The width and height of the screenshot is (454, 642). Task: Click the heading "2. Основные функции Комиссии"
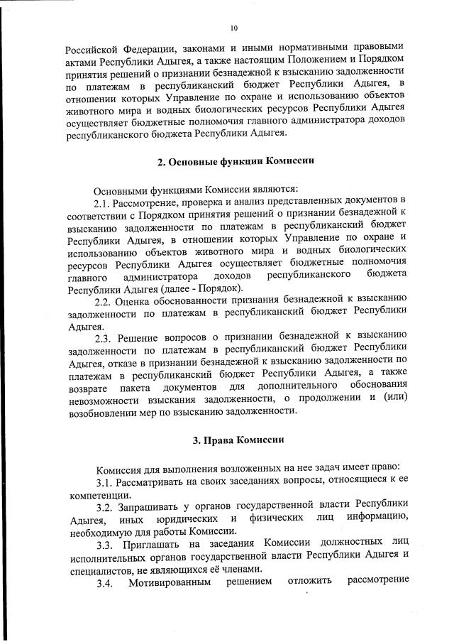click(236, 161)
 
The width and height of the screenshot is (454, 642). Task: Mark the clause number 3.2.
click(105, 507)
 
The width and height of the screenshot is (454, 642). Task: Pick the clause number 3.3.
click(105, 544)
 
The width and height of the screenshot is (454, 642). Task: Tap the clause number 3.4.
click(105, 582)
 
